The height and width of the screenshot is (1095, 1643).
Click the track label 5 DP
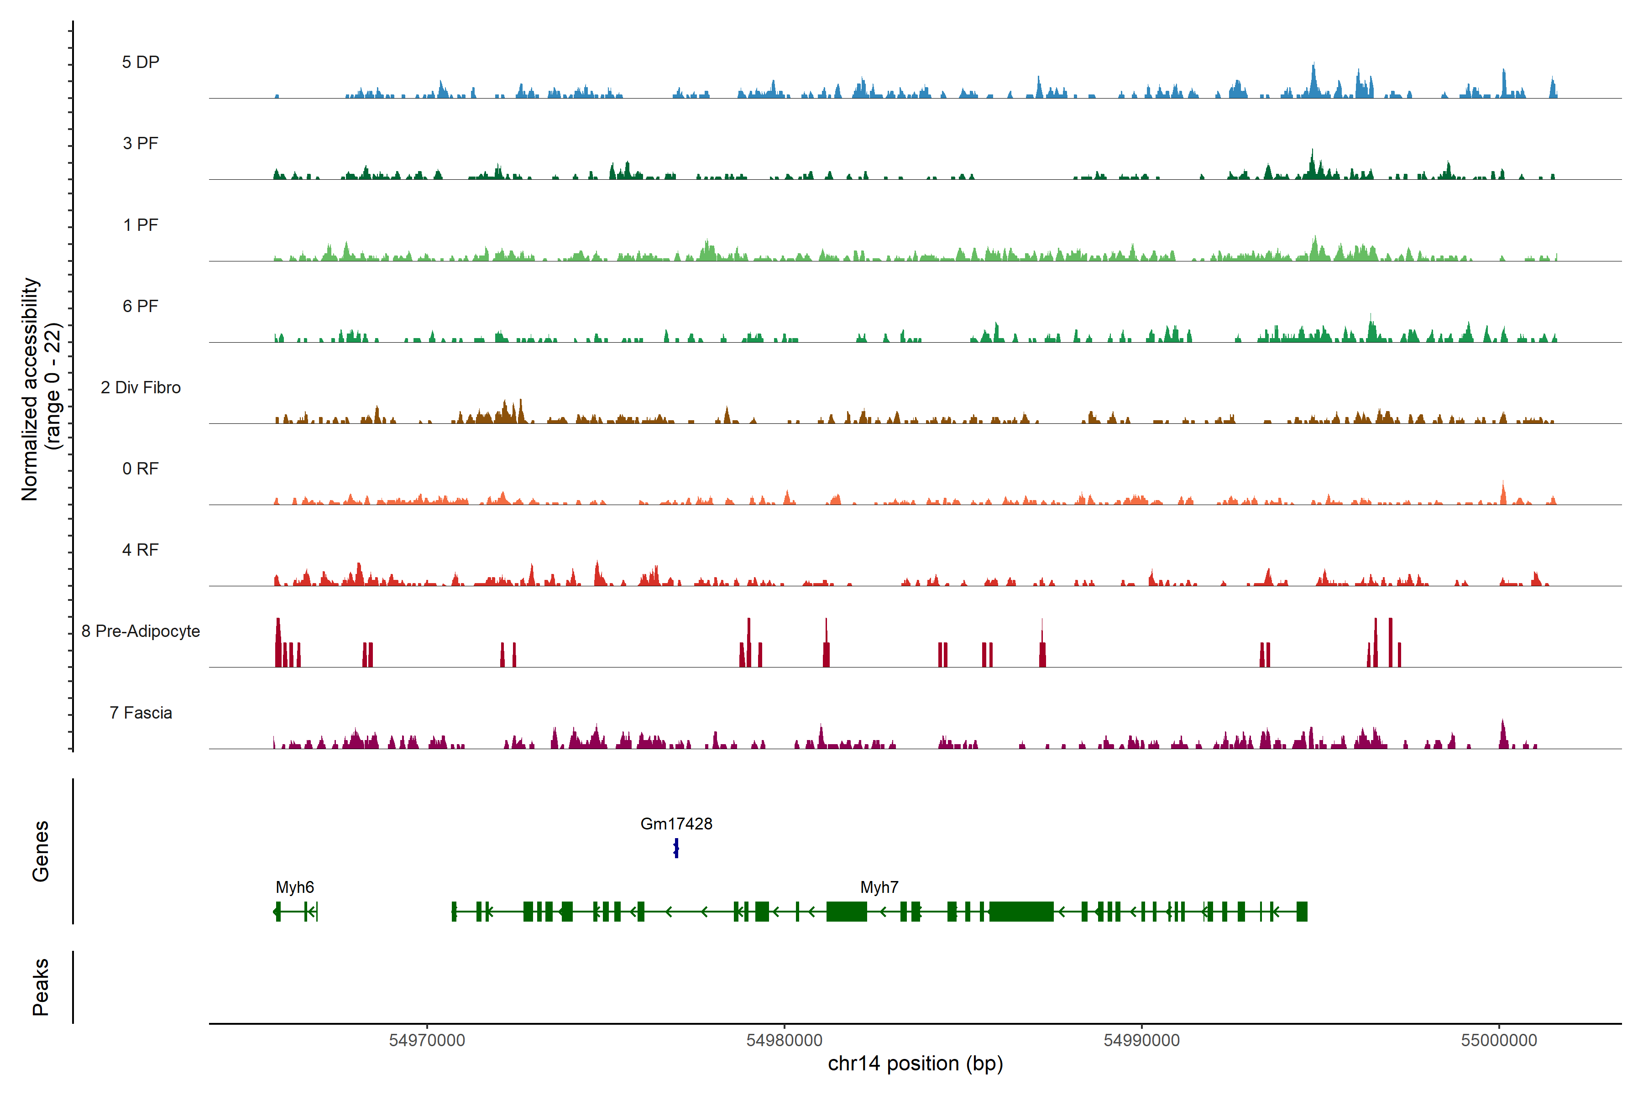(x=141, y=62)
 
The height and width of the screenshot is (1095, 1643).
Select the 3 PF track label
(x=141, y=143)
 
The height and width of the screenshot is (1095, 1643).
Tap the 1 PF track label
(x=141, y=225)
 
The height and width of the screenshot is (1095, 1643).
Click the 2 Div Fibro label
(x=141, y=387)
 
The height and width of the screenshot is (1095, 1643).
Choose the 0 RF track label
(x=141, y=469)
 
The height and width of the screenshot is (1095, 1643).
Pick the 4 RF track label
(x=141, y=550)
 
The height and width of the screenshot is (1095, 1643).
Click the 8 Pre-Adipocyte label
(x=141, y=631)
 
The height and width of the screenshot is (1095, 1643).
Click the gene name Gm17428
(x=676, y=824)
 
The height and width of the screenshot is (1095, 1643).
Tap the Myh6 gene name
(x=295, y=887)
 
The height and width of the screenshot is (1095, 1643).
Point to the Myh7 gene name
(x=879, y=887)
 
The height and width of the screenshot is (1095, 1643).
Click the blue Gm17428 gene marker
(x=676, y=849)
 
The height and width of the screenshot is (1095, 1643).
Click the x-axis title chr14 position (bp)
(x=915, y=1064)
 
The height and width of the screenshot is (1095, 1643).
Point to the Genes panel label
(x=41, y=851)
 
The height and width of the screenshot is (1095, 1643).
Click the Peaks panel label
(x=41, y=987)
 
